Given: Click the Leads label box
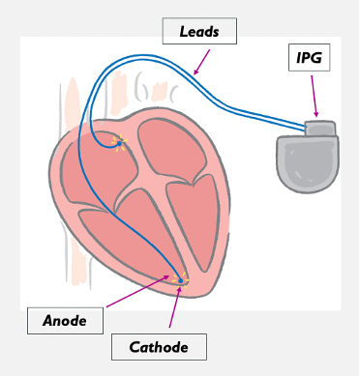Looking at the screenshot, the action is [x=199, y=31].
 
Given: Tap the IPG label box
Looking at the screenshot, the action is [x=309, y=57].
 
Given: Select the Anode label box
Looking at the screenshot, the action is [x=65, y=321].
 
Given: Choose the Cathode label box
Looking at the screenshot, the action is [x=159, y=347].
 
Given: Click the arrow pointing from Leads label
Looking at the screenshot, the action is [x=201, y=62].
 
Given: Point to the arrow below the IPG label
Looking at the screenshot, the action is [x=315, y=96].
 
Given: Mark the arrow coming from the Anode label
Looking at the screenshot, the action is [x=137, y=291].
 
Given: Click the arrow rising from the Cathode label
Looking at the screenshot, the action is [x=174, y=306].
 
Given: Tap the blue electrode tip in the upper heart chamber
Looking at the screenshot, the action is [x=119, y=143].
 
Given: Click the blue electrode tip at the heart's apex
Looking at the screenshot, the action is [x=181, y=281].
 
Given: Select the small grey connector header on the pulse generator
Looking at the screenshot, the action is [x=320, y=129].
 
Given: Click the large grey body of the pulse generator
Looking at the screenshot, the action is [x=308, y=163].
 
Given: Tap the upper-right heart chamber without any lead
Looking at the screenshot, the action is [x=171, y=147].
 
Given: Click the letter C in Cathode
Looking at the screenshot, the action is [x=135, y=347].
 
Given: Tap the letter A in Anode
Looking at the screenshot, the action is [x=48, y=321].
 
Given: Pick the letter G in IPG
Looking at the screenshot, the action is [x=316, y=58].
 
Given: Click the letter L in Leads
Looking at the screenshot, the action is [x=183, y=31].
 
